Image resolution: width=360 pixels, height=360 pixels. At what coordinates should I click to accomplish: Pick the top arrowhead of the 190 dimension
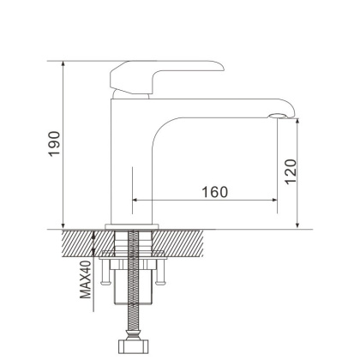click(x=65, y=64)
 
